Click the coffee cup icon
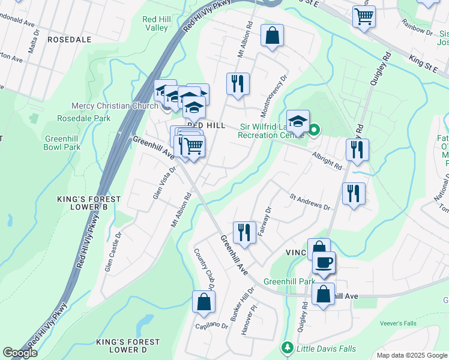pos(324,263)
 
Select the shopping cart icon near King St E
pos(364,17)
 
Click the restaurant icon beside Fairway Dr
pos(243,232)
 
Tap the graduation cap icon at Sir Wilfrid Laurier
pos(298,121)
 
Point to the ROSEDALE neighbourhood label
pos(69,40)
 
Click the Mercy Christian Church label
pos(115,106)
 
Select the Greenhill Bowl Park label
pos(62,142)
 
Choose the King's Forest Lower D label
pos(128,346)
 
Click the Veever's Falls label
pos(398,323)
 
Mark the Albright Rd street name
pos(327,160)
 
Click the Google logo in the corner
pos(20,353)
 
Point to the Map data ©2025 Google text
pos(411,355)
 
